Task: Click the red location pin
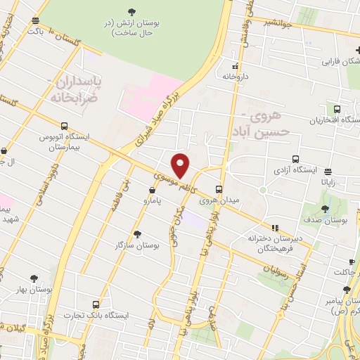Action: (x=181, y=165)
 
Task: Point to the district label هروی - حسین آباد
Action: (x=261, y=124)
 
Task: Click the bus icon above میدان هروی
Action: (x=219, y=189)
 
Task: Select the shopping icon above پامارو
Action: (x=153, y=190)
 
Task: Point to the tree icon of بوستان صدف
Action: (x=325, y=210)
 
